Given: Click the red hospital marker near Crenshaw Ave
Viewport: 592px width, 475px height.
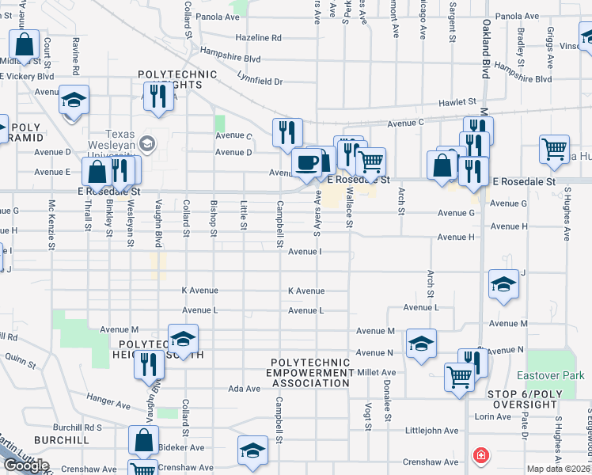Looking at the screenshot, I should (480, 455).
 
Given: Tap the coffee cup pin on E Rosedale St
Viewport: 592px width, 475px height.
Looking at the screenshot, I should (306, 163).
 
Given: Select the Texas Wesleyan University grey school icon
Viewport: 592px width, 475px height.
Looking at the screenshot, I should (146, 143).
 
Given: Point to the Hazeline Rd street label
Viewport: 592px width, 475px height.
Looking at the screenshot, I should (258, 37).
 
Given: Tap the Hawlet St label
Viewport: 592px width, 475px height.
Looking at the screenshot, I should (459, 102).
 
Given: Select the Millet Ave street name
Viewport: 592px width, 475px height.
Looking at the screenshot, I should (377, 372).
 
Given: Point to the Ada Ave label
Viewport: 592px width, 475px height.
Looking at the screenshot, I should (244, 389).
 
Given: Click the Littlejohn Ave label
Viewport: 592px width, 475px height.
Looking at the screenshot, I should (431, 431).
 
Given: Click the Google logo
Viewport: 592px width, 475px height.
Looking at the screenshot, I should (26, 465).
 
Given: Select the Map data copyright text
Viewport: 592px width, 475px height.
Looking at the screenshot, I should (559, 469).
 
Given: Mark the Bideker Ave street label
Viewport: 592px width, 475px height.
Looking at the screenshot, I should (181, 447).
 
